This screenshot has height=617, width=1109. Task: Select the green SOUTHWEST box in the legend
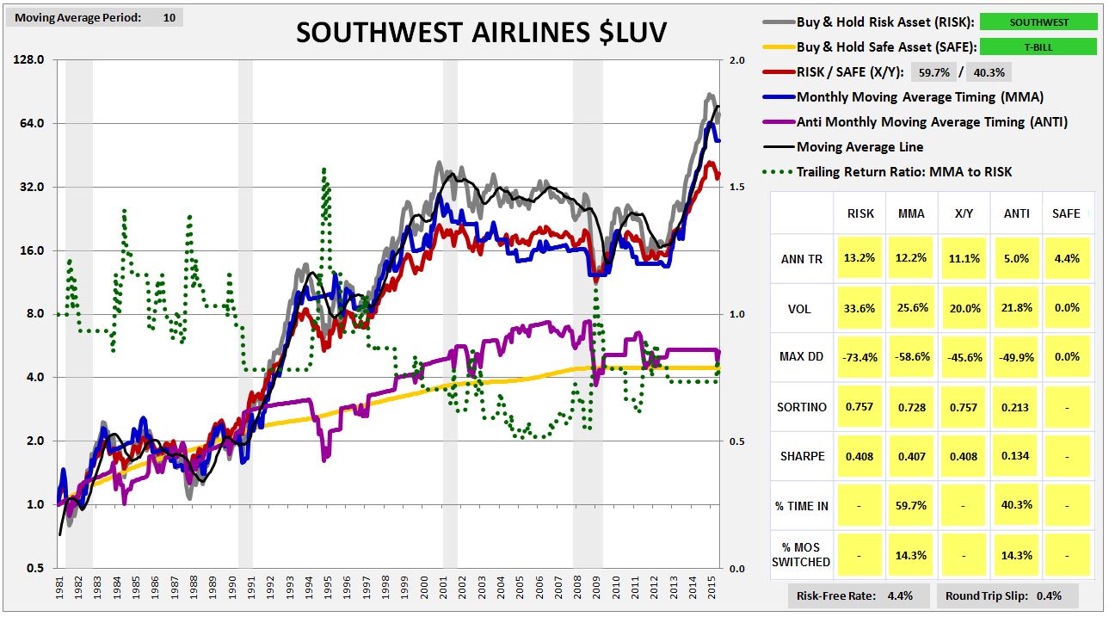(1038, 22)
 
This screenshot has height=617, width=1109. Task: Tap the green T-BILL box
(1038, 47)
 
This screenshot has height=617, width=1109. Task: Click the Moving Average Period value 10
(169, 16)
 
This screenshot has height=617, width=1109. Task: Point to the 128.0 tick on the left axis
(32, 60)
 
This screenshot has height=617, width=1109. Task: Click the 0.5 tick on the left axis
(35, 568)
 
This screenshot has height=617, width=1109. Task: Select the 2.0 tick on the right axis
(736, 60)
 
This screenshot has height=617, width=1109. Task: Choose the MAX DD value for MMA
(911, 357)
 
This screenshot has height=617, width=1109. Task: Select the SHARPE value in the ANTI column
(1015, 456)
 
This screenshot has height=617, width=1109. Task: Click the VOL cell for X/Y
(964, 307)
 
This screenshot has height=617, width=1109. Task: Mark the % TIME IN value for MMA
(911, 505)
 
